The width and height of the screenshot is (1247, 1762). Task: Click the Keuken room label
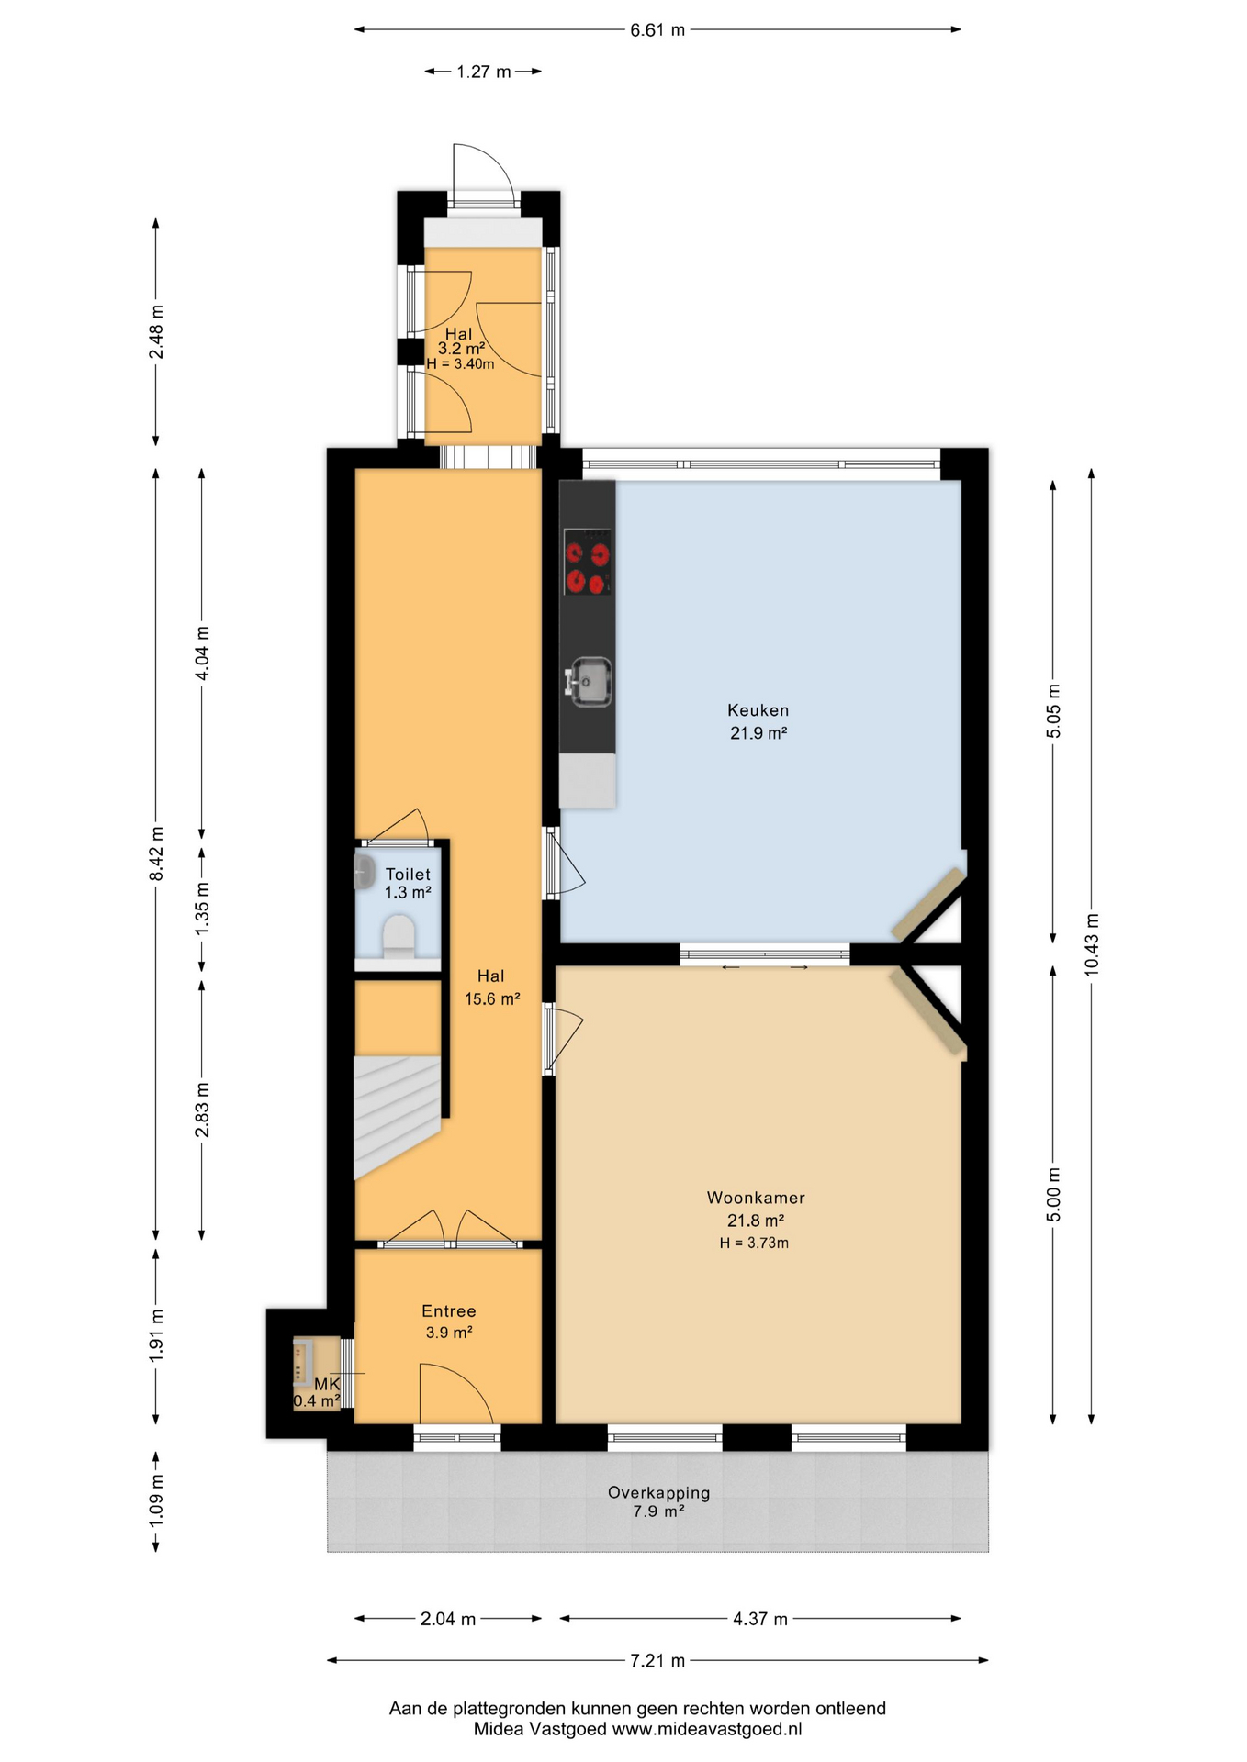pyautogui.click(x=758, y=710)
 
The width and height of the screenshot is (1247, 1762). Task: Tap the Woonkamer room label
pyautogui.click(x=756, y=1198)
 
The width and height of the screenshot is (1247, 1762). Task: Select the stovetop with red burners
pyautogui.click(x=587, y=562)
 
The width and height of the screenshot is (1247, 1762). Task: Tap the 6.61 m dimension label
pyautogui.click(x=657, y=30)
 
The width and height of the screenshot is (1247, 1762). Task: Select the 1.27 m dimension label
pyautogui.click(x=484, y=72)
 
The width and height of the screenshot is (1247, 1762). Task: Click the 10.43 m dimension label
pyautogui.click(x=1091, y=944)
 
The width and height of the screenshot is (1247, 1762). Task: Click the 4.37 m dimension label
pyautogui.click(x=759, y=1619)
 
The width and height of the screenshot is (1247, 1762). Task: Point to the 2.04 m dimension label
pyautogui.click(x=448, y=1619)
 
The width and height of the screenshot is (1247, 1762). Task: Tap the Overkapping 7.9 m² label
pyautogui.click(x=658, y=1502)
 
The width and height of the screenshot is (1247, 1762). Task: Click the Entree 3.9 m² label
pyautogui.click(x=449, y=1321)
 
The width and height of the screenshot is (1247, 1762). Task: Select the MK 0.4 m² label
pyautogui.click(x=318, y=1392)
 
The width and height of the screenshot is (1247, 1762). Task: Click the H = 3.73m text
pyautogui.click(x=754, y=1243)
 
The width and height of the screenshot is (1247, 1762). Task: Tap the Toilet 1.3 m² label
pyautogui.click(x=408, y=883)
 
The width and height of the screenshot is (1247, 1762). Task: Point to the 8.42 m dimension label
pyautogui.click(x=156, y=853)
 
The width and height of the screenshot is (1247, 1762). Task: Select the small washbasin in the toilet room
pyautogui.click(x=364, y=871)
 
